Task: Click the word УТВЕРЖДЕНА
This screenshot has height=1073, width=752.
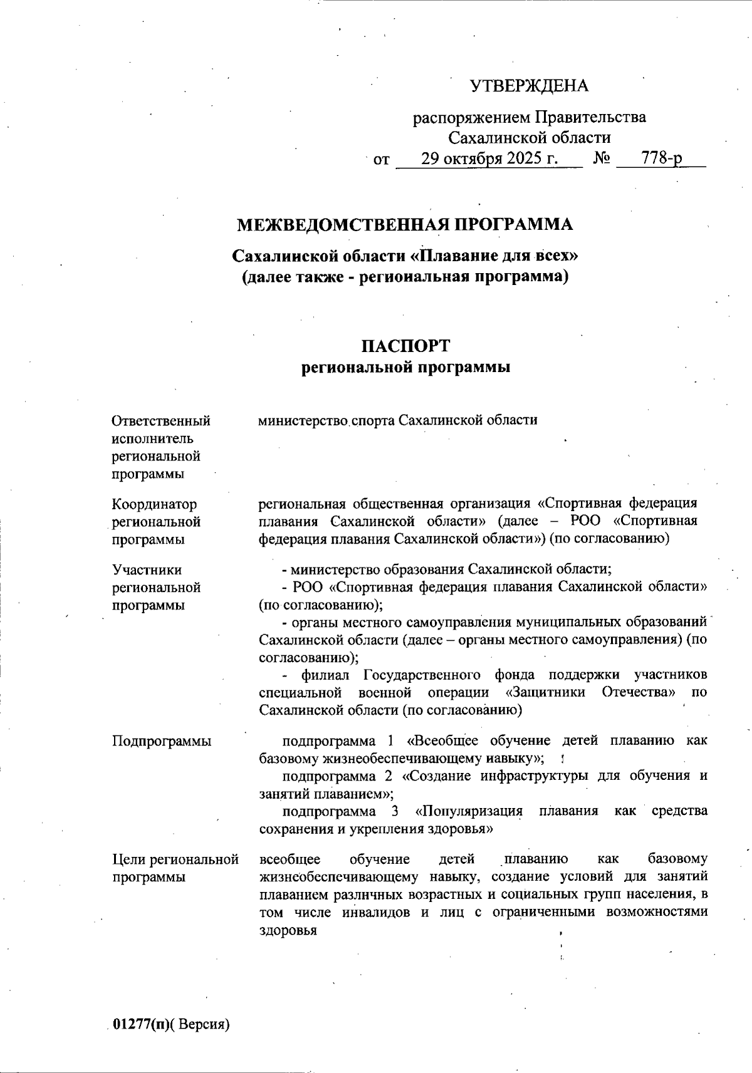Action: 529,86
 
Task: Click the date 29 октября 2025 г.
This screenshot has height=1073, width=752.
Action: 489,158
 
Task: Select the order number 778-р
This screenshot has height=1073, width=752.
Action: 662,158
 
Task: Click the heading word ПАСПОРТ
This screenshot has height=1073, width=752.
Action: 405,346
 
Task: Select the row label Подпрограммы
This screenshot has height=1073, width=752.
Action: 162,741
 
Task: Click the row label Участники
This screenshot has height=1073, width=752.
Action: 147,570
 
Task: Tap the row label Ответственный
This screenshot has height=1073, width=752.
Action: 161,421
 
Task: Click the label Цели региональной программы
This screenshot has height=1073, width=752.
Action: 175,868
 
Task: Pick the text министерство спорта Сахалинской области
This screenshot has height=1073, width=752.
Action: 398,420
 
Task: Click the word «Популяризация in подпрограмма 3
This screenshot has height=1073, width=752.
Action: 469,811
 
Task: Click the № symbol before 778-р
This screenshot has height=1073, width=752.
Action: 602,158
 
